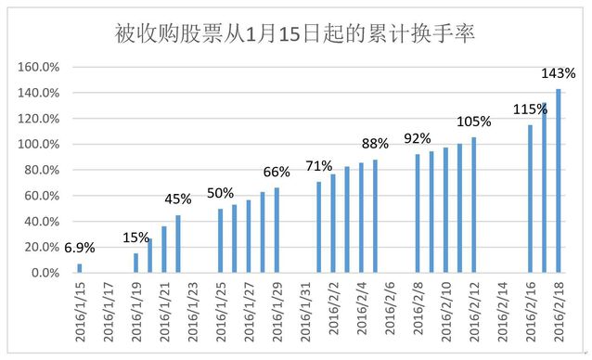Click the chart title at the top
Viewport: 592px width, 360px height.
295,35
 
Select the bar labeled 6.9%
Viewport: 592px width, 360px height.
80,269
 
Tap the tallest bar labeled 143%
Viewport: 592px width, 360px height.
559,182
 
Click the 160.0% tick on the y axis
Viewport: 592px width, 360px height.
39,67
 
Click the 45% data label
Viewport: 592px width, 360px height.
178,199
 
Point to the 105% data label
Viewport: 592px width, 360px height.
473,122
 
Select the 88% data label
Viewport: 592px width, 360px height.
375,143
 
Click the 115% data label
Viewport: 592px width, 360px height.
530,109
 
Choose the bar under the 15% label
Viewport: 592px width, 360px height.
135,264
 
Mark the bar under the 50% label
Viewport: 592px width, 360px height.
221,241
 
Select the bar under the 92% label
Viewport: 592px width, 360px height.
418,214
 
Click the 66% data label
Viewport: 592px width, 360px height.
277,172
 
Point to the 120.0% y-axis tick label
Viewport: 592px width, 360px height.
39,119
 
